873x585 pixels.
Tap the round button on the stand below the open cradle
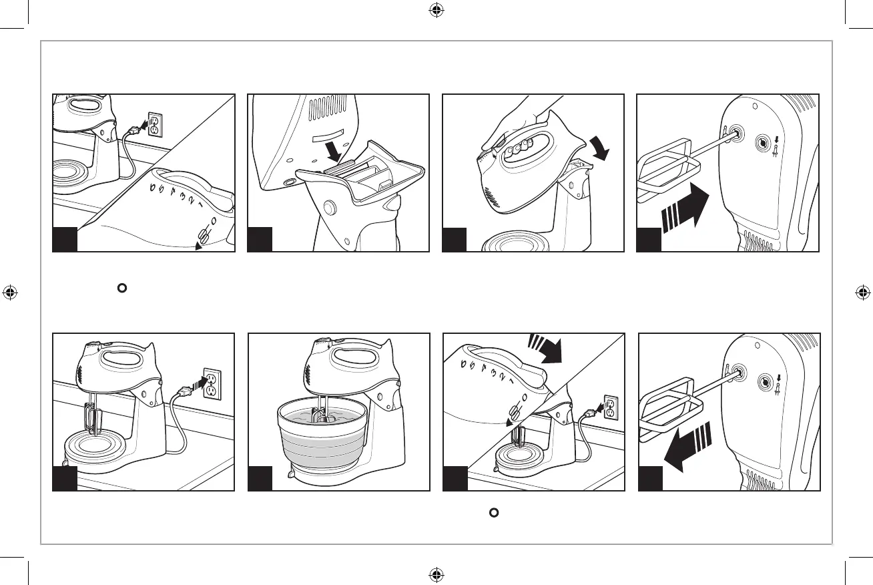[329, 208]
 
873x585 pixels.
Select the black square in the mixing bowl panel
[259, 479]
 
